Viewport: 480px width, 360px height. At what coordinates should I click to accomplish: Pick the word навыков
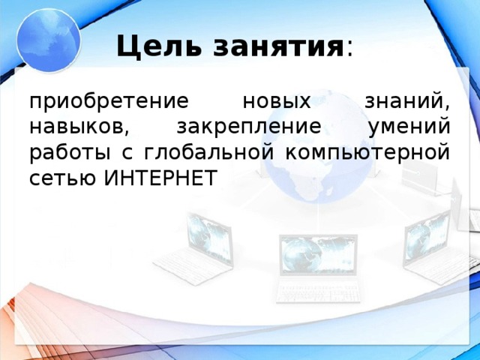click(67, 127)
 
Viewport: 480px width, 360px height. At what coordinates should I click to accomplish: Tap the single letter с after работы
click(121, 152)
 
